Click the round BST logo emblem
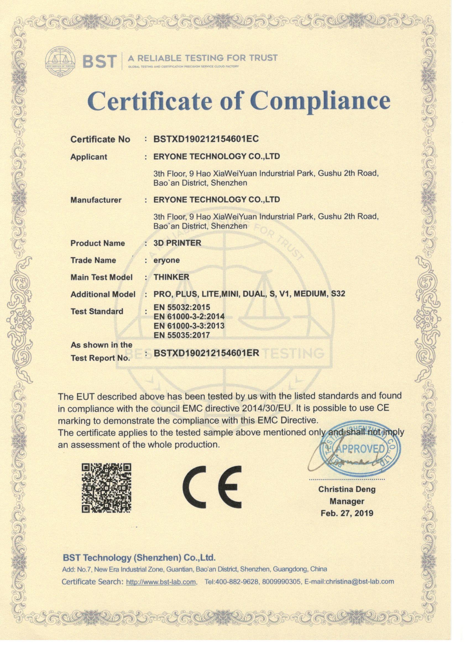pos(60,61)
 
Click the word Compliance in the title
pos(320,101)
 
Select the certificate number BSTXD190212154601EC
pos(206,139)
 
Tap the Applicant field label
pos(89,157)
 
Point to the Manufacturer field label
pos(96,200)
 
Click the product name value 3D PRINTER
pos(177,243)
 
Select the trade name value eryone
pos(166,260)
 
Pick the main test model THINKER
pos(171,277)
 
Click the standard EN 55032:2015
pos(182,307)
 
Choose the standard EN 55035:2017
pos(182,335)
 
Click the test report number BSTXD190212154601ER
pos(206,353)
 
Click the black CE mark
pos(212,487)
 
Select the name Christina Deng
pos(347,489)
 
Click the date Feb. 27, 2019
pos(347,513)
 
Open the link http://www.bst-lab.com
pos(161,582)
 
